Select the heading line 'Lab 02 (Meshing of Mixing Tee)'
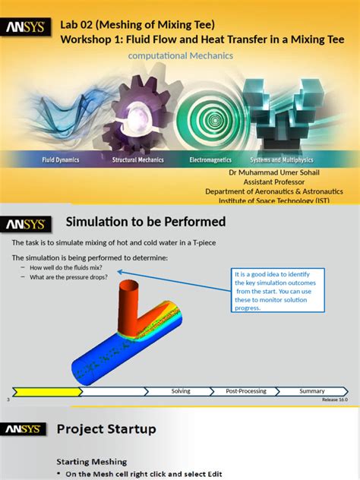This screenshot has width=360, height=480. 143,24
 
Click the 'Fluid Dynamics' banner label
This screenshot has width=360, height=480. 61,160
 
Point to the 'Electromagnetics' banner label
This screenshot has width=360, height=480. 213,160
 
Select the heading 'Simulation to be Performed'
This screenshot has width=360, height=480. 146,222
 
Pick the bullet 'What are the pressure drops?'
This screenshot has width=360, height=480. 68,277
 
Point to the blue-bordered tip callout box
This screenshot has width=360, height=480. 279,289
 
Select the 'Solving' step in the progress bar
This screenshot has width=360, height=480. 181,391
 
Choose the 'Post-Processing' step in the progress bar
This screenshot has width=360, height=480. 246,391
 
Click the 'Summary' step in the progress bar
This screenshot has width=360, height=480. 312,391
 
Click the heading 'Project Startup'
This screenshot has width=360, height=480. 106,429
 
